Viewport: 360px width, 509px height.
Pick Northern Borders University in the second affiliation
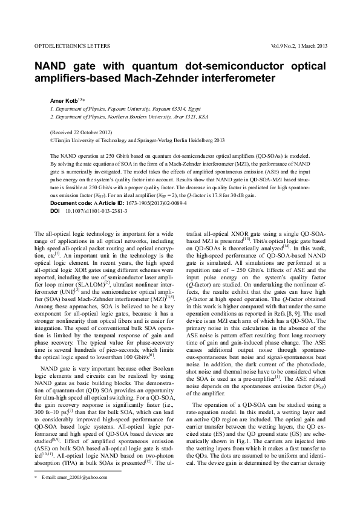click(x=140, y=116)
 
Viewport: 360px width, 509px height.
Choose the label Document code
click(x=72, y=203)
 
